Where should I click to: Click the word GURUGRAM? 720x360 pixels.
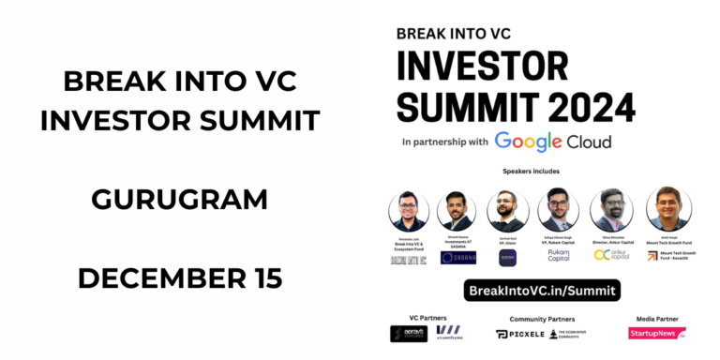click(x=179, y=200)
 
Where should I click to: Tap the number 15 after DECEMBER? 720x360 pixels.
click(x=265, y=278)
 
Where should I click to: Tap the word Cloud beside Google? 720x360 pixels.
click(x=589, y=142)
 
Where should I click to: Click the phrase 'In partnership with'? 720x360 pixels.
click(x=444, y=142)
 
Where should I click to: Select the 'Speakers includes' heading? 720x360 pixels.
click(x=542, y=174)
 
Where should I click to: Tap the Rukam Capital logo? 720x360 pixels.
click(x=558, y=254)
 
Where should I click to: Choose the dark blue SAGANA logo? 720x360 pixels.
click(x=458, y=257)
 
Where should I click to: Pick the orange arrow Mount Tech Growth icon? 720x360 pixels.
click(x=652, y=255)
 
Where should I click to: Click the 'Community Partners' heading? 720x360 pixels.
click(x=541, y=318)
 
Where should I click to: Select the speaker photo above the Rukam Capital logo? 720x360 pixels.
click(x=558, y=209)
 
